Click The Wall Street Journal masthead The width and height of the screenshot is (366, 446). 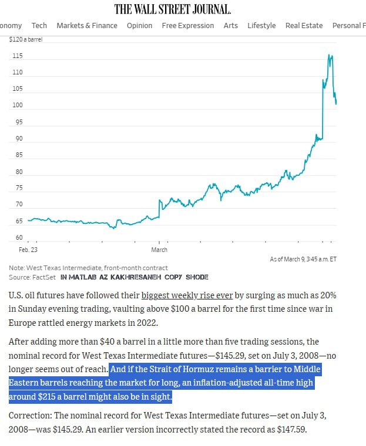(x=172, y=9)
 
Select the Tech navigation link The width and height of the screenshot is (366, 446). (x=39, y=25)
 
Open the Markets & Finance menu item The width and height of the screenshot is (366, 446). (x=87, y=25)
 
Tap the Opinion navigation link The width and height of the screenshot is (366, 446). (x=139, y=25)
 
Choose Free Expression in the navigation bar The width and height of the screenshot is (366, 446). (x=188, y=25)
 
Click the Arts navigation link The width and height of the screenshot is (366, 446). (x=231, y=25)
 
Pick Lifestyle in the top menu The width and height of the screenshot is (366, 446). (x=261, y=25)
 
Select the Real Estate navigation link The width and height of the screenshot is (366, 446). (x=304, y=25)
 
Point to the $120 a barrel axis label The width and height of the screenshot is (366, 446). (x=26, y=39)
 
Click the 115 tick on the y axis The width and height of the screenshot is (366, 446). (x=17, y=56)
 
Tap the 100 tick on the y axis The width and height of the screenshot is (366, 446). (x=17, y=105)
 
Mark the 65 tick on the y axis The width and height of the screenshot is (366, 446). (x=19, y=222)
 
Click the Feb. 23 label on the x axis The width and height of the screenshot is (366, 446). (x=28, y=250)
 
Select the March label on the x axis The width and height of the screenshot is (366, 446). (x=159, y=250)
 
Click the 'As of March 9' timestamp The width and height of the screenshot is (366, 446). (x=303, y=258)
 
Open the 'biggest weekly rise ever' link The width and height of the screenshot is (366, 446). (x=187, y=295)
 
